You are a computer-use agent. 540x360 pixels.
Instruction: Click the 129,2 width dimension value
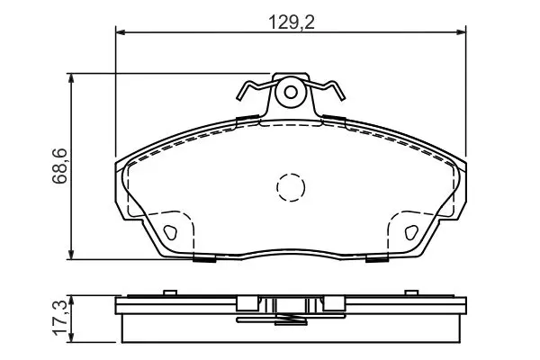pos(291,22)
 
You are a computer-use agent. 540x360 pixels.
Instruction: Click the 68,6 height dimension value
pos(59,166)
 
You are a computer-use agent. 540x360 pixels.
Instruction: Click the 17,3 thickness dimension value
pos(59,318)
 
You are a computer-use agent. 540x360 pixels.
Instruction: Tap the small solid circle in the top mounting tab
pos(291,93)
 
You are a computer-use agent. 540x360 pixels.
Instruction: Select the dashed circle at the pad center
pos(291,187)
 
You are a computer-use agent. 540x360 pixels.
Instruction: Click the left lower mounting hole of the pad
pos(170,232)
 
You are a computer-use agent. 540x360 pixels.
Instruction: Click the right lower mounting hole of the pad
pos(411,232)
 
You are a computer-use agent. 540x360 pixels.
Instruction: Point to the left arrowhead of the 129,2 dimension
pos(120,32)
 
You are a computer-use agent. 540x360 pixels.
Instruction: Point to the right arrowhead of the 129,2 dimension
pos(462,32)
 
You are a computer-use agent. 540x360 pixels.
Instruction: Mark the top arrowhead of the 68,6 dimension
pos(71,77)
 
